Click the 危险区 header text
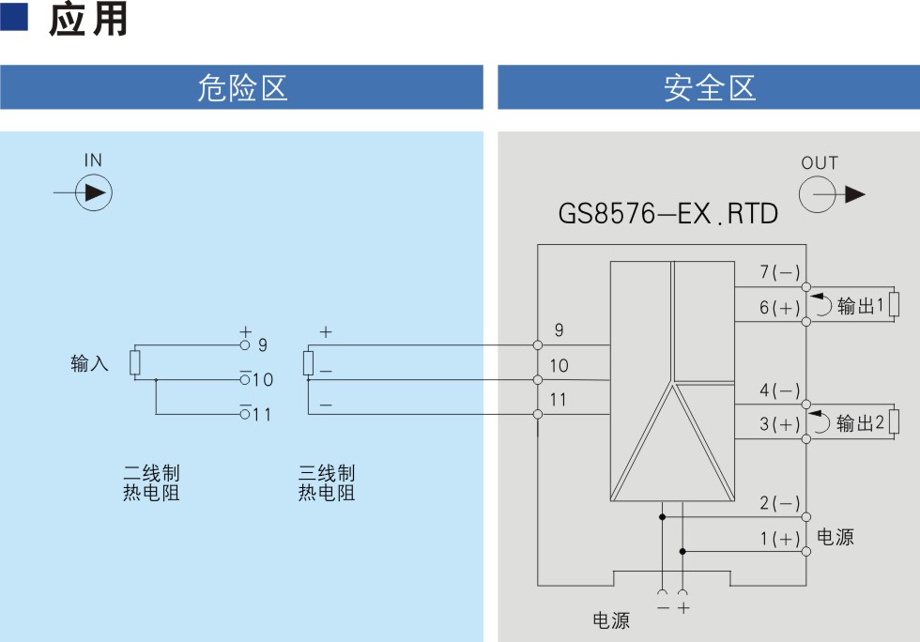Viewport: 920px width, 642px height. coord(242,88)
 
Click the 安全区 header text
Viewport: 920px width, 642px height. coord(710,88)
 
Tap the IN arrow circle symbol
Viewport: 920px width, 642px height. coord(94,192)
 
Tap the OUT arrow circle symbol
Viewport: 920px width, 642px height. coord(818,194)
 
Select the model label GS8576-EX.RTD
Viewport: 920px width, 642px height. coord(667,214)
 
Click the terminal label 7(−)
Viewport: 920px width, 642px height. coord(780,271)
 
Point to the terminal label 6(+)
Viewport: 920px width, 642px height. coord(780,308)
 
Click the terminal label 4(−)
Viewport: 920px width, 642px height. coord(780,390)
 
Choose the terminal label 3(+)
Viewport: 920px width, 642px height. coord(780,423)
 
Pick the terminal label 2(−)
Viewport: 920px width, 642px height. coord(780,503)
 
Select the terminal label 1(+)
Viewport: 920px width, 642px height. coord(780,538)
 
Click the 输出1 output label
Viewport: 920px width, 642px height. coord(860,306)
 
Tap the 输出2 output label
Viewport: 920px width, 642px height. coord(860,422)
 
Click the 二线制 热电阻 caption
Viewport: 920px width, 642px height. coord(151,482)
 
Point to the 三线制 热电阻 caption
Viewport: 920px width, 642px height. coord(327,482)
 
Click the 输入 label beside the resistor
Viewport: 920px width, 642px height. coord(89,363)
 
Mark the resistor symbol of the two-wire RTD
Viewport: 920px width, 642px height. coord(135,362)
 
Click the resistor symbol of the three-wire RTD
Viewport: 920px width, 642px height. coord(309,362)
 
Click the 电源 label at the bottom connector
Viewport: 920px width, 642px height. coord(611,620)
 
